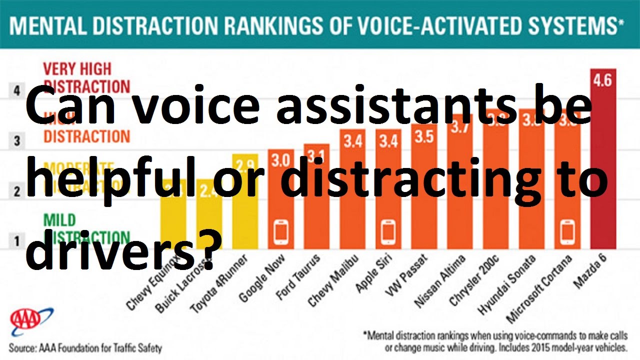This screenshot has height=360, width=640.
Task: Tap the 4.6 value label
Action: click(x=602, y=80)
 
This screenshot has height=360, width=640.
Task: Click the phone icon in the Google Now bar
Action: click(x=280, y=231)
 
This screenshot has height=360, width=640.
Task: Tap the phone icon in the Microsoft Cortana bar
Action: click(x=567, y=231)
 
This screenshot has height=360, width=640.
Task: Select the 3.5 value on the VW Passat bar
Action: click(x=424, y=136)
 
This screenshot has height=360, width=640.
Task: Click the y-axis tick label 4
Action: click(x=17, y=91)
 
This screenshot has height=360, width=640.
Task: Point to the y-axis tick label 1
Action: click(x=17, y=241)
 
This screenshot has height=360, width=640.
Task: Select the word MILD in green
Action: click(x=59, y=219)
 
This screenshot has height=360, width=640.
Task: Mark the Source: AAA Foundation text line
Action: click(x=85, y=347)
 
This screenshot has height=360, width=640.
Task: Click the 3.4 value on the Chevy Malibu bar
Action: click(x=352, y=141)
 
